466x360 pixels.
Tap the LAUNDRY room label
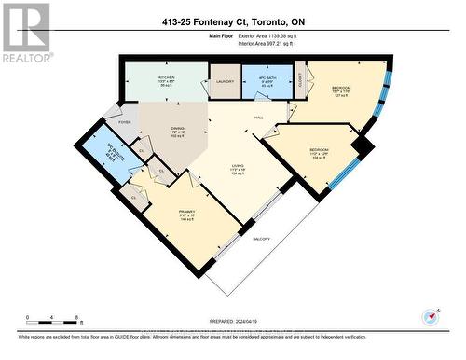pos(224,82)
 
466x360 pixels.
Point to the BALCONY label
pos(264,239)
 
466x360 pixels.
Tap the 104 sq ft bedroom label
pos(319,151)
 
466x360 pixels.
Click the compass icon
pos(430,316)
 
